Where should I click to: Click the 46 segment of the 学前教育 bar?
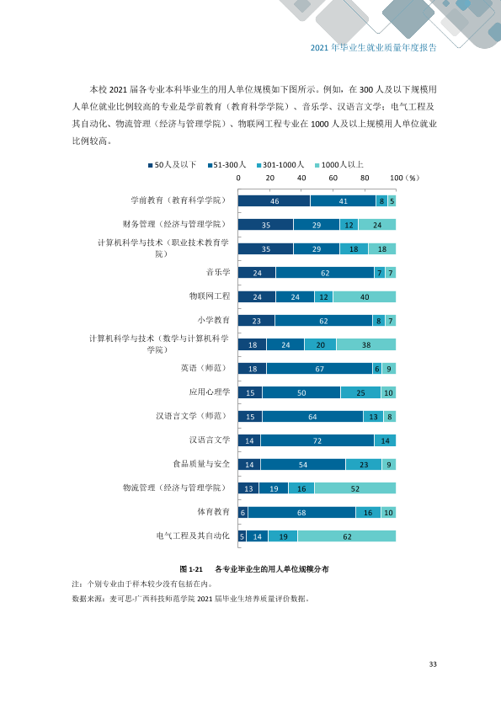[x=274, y=200]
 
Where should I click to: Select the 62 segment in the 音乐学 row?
[x=325, y=273]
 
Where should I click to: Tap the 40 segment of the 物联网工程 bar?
[x=365, y=296]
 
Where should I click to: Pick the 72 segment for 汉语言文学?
[x=317, y=440]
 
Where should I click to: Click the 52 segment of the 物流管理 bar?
[x=355, y=488]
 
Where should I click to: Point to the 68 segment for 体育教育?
[x=301, y=512]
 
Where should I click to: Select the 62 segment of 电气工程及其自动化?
[x=347, y=536]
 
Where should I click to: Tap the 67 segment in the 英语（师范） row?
[x=319, y=369]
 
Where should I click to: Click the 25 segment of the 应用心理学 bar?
[x=360, y=392]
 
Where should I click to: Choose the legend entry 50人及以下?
[x=173, y=165]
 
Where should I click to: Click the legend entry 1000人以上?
[x=339, y=165]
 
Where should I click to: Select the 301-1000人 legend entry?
[x=280, y=165]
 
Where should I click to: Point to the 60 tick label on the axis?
[x=333, y=178]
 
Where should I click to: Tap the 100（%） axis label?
[x=405, y=178]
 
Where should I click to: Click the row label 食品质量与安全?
[x=201, y=464]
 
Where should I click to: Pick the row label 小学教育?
[x=213, y=320]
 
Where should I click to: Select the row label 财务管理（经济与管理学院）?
[x=174, y=224]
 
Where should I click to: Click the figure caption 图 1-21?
[x=191, y=569]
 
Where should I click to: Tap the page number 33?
[x=433, y=664]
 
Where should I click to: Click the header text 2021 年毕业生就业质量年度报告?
[x=374, y=47]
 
